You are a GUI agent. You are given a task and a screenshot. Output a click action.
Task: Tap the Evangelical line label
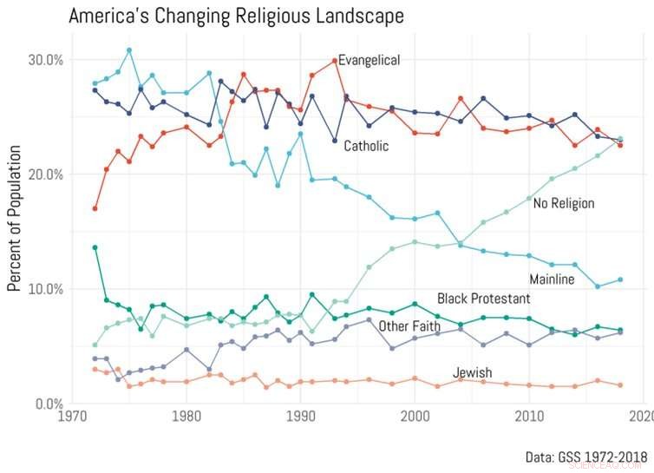click(369, 60)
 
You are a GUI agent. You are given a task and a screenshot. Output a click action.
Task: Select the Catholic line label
click(366, 146)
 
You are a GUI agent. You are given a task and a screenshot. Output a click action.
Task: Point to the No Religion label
click(563, 203)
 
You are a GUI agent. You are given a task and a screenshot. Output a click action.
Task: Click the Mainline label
click(552, 279)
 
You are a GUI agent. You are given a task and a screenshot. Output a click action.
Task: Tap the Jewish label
click(472, 373)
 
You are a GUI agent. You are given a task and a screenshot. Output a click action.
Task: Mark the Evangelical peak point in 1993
click(335, 61)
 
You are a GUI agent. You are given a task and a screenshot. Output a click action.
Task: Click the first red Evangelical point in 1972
click(95, 208)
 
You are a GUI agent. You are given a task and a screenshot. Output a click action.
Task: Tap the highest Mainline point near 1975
click(129, 50)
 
